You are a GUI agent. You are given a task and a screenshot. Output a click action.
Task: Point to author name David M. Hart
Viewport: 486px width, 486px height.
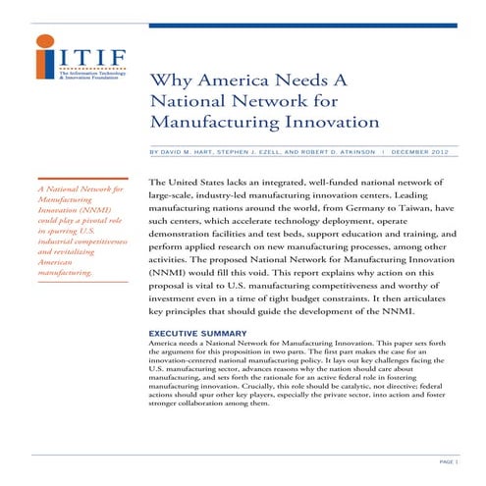tap(190, 152)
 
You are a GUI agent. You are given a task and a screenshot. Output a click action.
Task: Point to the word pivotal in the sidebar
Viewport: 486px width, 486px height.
tap(91, 223)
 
